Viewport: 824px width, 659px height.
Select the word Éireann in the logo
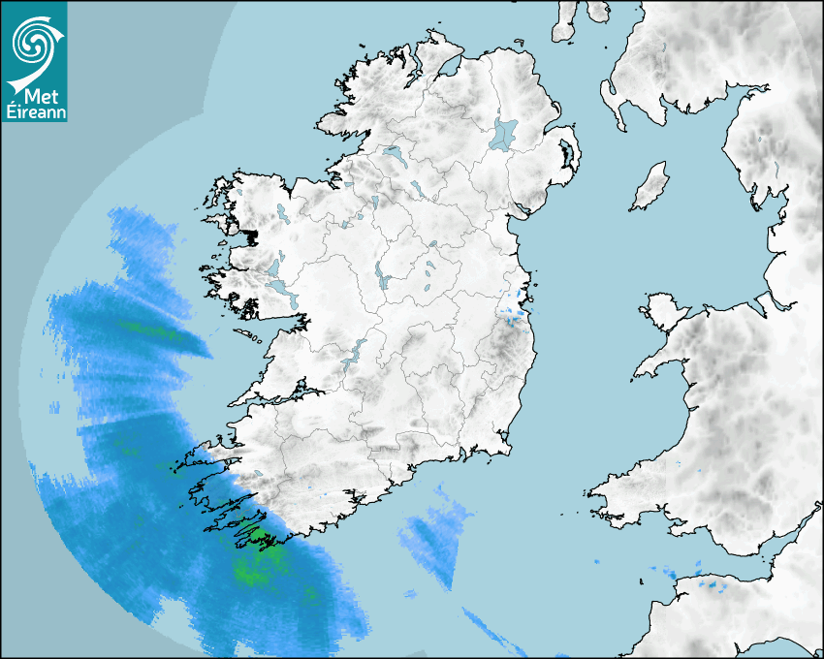pyautogui.click(x=33, y=113)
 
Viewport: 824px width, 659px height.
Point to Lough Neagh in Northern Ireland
pyautogui.click(x=504, y=133)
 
